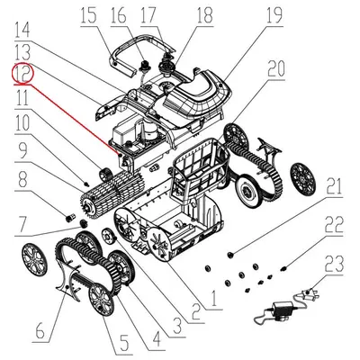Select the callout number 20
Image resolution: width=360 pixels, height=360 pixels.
point(275,69)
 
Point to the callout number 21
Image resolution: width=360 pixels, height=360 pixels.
point(334,187)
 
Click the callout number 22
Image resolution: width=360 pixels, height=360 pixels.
point(336,225)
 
